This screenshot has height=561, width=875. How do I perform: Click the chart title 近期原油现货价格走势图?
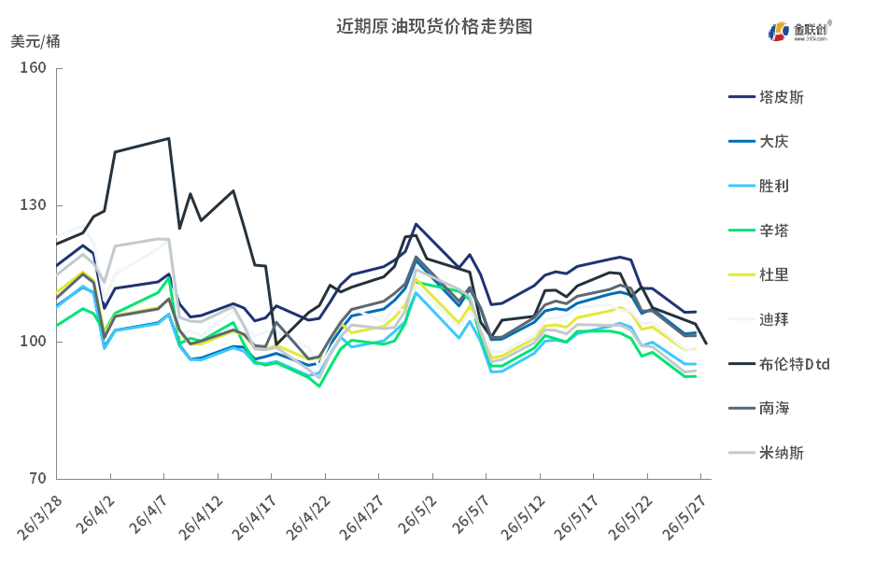(x=434, y=26)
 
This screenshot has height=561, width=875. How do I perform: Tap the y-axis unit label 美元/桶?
(x=35, y=41)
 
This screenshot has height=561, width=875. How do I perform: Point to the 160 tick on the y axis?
(x=33, y=68)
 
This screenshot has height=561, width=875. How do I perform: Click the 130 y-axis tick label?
(x=33, y=205)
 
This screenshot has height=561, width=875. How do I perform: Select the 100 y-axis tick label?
(x=33, y=342)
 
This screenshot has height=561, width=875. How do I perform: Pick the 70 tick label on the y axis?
(x=37, y=479)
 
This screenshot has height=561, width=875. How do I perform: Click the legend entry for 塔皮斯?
(x=766, y=98)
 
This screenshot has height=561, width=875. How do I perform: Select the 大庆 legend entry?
(x=758, y=142)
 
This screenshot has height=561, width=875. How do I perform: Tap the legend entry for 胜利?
(x=758, y=186)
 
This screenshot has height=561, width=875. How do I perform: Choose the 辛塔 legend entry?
(x=758, y=231)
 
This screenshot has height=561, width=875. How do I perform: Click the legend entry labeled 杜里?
(x=758, y=274)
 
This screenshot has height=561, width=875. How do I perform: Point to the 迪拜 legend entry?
(x=758, y=319)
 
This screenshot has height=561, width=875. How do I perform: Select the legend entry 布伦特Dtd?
(x=779, y=364)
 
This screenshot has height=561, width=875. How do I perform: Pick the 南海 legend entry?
(x=758, y=408)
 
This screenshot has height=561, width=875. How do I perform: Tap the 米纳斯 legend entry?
(x=766, y=453)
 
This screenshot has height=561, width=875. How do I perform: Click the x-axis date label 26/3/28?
(x=39, y=518)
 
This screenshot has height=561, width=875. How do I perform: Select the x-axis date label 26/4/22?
(x=307, y=518)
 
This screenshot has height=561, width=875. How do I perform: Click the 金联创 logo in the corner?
(x=799, y=31)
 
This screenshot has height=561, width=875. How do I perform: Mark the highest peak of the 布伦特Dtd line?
(x=168, y=138)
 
